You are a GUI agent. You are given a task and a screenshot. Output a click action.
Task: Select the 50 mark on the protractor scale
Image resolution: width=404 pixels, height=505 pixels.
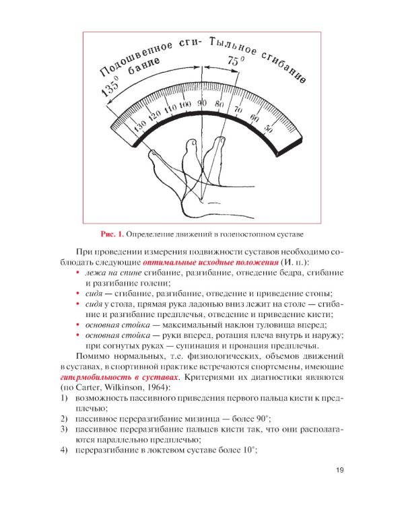pos(268,129)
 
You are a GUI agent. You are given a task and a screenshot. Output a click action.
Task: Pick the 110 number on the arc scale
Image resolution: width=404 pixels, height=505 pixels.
pos(169,108)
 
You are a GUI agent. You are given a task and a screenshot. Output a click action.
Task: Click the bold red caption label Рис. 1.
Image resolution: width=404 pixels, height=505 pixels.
pos(112,234)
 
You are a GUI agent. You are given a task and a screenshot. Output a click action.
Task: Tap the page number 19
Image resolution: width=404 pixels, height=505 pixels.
pos(339,471)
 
